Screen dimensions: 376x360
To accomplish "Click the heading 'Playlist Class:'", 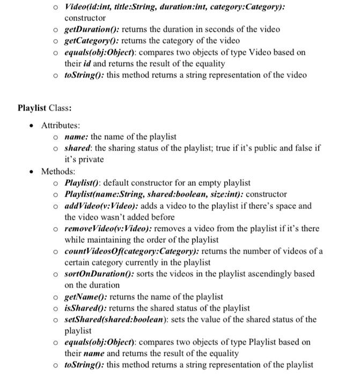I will (45, 107).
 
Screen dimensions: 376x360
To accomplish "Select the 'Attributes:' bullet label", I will (61, 125).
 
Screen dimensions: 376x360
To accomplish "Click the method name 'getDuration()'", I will (89, 29).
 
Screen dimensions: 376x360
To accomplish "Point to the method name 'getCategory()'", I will (90, 40).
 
